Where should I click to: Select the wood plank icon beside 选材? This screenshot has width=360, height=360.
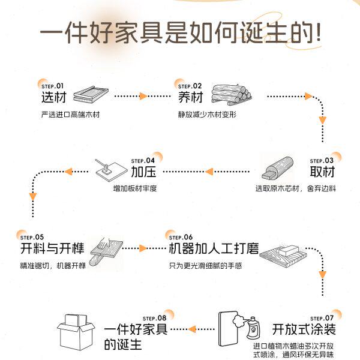coord(91,95)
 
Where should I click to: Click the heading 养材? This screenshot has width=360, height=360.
coord(190,97)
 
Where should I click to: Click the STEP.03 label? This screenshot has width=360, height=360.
coord(321,160)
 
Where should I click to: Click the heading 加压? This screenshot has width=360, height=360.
coord(143,172)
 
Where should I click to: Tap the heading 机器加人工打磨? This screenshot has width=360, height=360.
coord(214,248)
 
